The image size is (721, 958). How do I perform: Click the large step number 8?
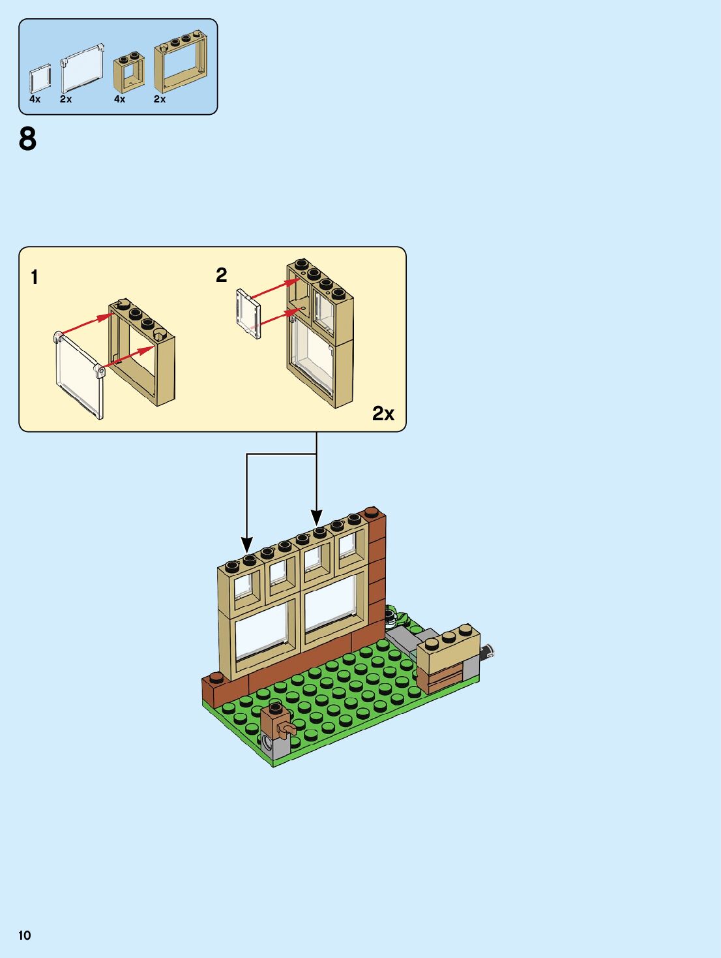click(27, 140)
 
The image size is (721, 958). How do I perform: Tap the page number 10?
click(25, 935)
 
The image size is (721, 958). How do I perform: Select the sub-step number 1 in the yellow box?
click(35, 277)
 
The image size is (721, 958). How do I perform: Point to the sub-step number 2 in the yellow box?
click(222, 275)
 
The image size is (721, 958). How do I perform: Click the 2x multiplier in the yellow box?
click(383, 414)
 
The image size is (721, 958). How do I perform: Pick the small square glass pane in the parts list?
click(40, 79)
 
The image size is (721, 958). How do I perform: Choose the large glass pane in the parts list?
click(82, 69)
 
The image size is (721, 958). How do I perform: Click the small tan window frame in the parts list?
click(129, 73)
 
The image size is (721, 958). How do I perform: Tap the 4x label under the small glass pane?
click(35, 99)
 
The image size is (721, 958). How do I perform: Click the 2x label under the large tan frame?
click(160, 99)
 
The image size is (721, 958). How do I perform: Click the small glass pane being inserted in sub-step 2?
click(248, 314)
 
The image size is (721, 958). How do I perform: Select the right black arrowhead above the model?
click(317, 518)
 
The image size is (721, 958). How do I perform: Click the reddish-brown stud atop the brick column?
click(374, 512)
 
